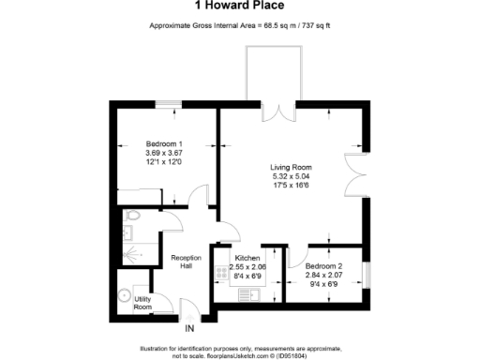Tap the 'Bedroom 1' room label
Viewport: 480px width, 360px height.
pos(149,143)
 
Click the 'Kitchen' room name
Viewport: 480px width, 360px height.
pos(247,257)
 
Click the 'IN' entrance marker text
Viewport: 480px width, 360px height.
pos(189,328)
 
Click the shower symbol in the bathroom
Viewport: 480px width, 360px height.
pos(131,251)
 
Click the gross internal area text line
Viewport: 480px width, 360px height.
pos(240,24)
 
